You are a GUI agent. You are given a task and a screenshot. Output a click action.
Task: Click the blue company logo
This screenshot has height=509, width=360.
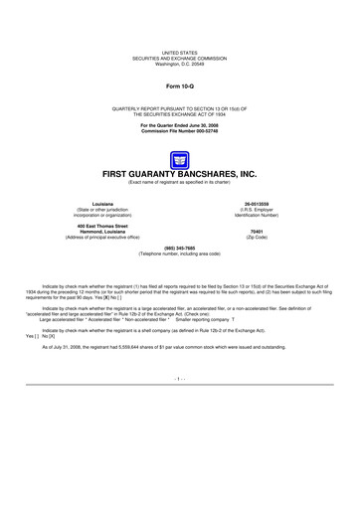(x=180, y=159)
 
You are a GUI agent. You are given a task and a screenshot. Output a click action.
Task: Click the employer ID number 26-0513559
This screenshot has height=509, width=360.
(x=268, y=202)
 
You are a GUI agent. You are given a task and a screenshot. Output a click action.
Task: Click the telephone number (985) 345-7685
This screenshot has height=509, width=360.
(x=180, y=249)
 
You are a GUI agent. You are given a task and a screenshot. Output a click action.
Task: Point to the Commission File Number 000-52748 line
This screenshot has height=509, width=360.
(x=180, y=131)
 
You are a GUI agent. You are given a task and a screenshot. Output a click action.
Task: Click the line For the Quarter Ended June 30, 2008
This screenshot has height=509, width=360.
(x=180, y=125)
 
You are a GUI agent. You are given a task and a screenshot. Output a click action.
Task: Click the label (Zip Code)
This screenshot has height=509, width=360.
(x=268, y=240)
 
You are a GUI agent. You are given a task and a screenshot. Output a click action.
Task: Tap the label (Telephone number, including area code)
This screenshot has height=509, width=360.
(x=180, y=254)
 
